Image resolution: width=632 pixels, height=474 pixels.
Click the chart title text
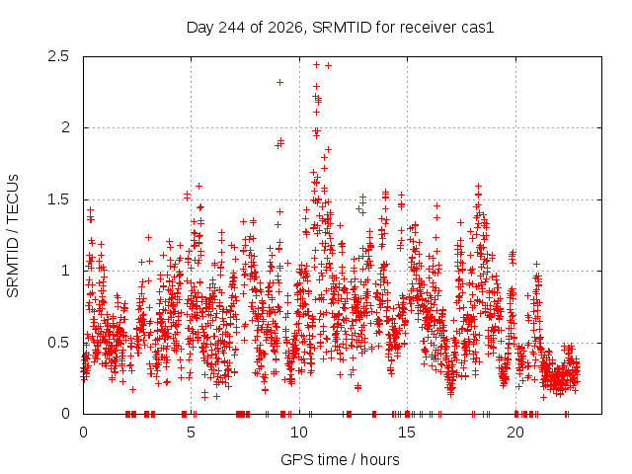[x=340, y=28]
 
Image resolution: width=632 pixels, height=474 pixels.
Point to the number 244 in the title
[x=231, y=28]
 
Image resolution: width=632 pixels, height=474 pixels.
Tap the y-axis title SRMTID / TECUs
[x=13, y=236]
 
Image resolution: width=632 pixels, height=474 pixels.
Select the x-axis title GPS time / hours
[x=340, y=459]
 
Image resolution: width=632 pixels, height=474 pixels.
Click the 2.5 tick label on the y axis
[x=58, y=56]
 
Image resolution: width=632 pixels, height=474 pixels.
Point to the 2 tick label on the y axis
[x=65, y=127]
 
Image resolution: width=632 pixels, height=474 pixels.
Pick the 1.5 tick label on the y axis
[x=58, y=199]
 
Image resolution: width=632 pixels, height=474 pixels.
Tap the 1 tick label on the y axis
[x=65, y=271]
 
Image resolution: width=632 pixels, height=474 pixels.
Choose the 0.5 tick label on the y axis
[x=58, y=343]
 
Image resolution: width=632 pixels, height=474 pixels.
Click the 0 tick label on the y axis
[x=65, y=414]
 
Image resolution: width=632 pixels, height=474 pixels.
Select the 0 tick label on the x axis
[x=83, y=433]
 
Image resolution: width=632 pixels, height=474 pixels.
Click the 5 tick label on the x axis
[x=191, y=433]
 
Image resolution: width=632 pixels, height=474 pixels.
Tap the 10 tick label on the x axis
[x=299, y=433]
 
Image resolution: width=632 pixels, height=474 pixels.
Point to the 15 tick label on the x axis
[x=407, y=433]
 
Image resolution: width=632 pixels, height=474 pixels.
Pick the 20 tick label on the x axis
[x=515, y=433]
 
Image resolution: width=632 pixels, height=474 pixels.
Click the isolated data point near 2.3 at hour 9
[x=279, y=83]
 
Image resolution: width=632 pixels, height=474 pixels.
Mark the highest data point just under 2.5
[x=316, y=64]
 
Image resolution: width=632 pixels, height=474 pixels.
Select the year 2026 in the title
[x=285, y=28]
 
